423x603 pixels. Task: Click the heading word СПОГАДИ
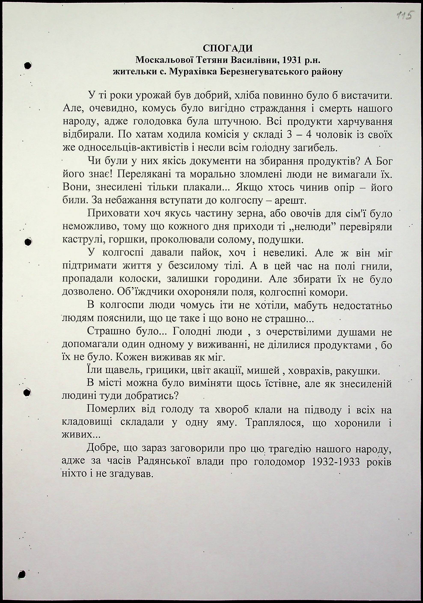pos(228,48)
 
